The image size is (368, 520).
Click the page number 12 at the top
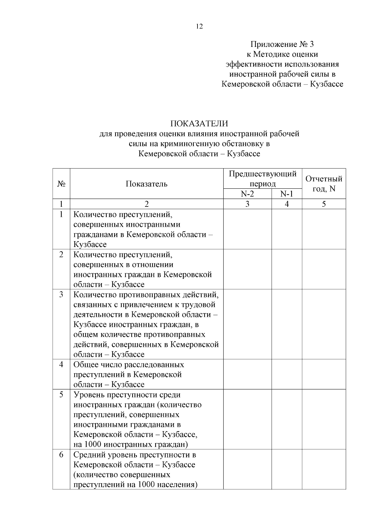coord(199,26)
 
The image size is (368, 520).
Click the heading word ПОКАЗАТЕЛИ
coord(199,123)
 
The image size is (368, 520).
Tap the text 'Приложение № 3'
coord(282,44)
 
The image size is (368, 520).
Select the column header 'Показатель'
coord(147,184)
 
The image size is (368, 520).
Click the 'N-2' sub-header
coord(247,194)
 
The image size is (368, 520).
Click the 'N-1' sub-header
coord(287,194)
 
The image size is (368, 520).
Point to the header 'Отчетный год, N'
coord(324,184)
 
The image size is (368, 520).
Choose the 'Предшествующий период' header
coord(263,179)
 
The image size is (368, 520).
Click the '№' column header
coord(61,184)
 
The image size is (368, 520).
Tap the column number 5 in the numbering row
coord(324,204)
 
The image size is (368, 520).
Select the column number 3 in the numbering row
coord(247,204)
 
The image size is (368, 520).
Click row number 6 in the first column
coord(61,455)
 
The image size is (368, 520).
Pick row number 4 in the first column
coord(61,365)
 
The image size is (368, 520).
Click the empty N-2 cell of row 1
coord(247,229)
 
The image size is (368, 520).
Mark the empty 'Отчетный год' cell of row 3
coord(324,324)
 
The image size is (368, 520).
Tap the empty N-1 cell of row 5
coord(287,419)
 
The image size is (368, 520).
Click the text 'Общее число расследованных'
coord(129,365)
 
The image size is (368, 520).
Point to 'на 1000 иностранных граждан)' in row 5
coord(131,444)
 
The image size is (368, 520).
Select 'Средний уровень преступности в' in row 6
coord(135,455)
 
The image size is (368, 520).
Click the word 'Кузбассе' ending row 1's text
coord(90,245)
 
